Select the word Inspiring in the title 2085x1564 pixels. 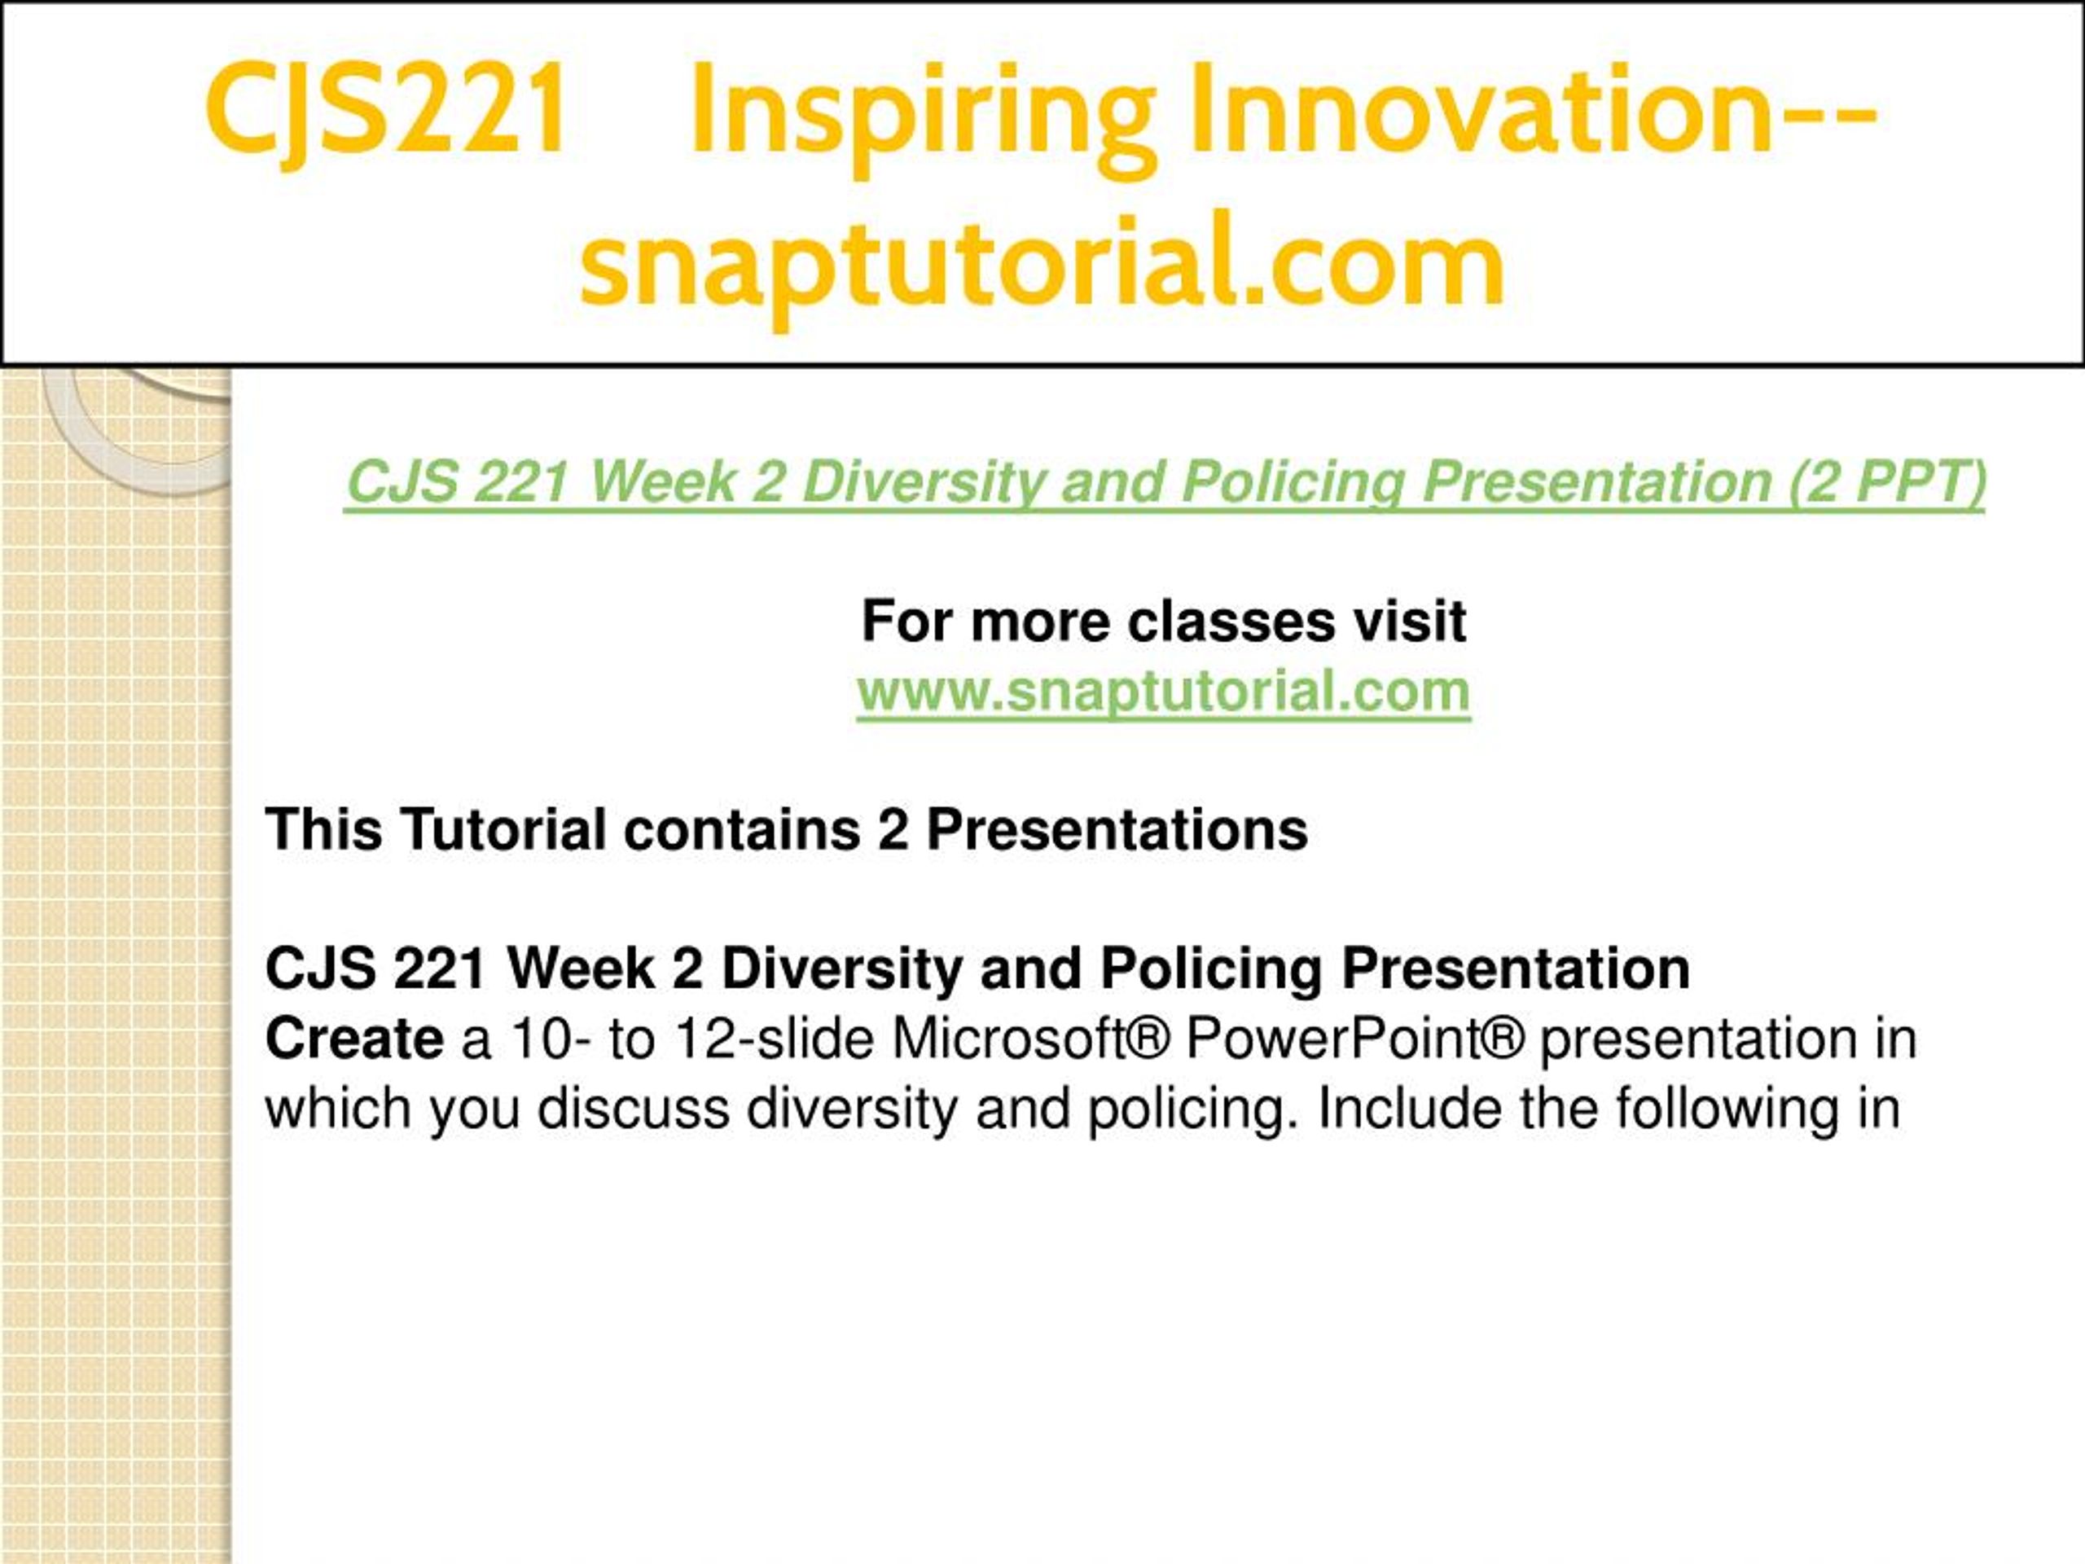(x=923, y=118)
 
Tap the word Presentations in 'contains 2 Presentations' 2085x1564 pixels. (x=1117, y=829)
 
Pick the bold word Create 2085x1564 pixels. (x=354, y=1039)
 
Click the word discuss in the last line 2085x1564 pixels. (x=634, y=1109)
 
